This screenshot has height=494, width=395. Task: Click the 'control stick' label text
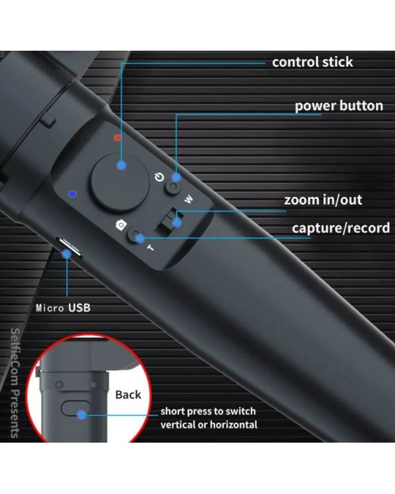click(x=312, y=62)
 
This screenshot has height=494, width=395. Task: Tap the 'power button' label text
click(x=339, y=106)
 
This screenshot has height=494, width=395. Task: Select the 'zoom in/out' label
click(x=323, y=200)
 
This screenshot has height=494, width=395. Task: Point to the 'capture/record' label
click(x=341, y=228)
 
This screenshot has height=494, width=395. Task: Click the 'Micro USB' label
click(x=63, y=308)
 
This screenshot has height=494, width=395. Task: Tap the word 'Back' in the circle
click(x=128, y=395)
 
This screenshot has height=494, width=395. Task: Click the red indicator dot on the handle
click(x=117, y=138)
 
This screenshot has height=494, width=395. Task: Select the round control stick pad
click(x=120, y=182)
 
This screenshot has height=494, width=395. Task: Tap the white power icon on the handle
click(x=159, y=177)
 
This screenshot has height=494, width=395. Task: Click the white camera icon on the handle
click(x=121, y=225)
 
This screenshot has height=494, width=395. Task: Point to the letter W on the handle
click(x=188, y=199)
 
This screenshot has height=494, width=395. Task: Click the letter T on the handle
click(x=151, y=248)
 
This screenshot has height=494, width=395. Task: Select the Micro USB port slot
click(x=70, y=248)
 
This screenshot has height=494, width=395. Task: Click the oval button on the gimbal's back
click(x=76, y=408)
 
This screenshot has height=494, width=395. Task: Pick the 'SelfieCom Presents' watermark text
click(x=14, y=383)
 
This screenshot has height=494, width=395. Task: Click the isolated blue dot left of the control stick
click(x=73, y=194)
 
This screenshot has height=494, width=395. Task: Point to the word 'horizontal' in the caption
click(x=234, y=425)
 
